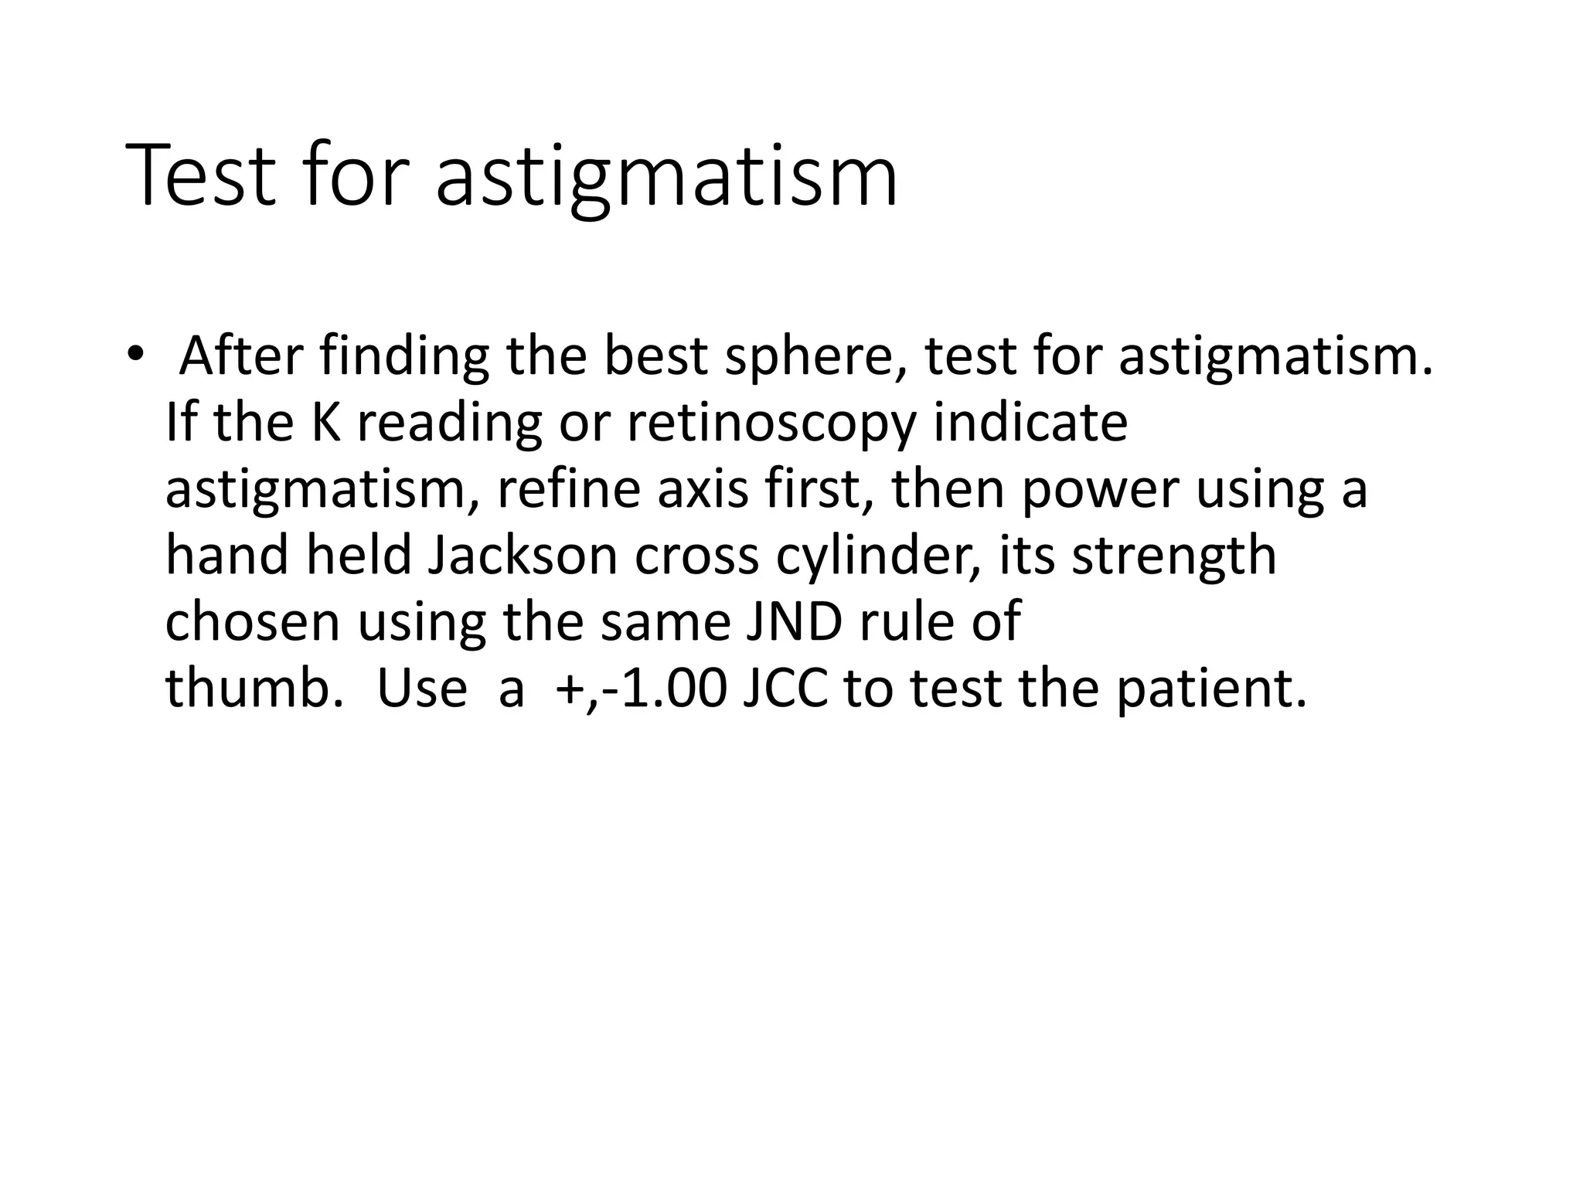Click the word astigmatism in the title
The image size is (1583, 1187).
[x=666, y=179]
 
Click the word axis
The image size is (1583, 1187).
[x=703, y=489]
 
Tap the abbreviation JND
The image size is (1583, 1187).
[x=794, y=622]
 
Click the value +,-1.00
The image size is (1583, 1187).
[x=641, y=689]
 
